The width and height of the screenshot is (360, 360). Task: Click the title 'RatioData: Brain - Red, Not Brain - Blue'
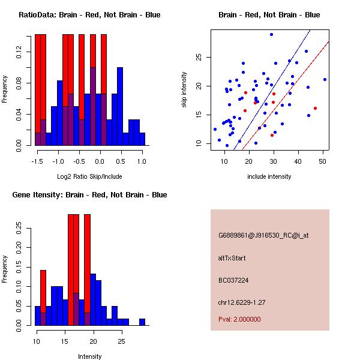89,15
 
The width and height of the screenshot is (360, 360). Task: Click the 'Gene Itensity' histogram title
89,195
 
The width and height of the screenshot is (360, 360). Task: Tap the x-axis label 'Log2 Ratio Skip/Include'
89,176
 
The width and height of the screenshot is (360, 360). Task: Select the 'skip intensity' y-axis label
185,90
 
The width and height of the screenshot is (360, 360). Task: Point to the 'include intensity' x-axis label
269,176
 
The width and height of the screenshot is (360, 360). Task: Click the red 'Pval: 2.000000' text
239,319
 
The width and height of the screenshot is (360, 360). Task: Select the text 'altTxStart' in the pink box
232,258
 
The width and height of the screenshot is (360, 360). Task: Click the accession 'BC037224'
233,280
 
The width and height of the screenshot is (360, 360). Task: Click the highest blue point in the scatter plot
271,35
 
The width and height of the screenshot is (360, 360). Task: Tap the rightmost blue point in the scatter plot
325,79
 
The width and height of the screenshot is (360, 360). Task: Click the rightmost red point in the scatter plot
315,109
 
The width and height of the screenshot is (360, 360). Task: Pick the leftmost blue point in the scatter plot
215,129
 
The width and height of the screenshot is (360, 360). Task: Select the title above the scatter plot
269,15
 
